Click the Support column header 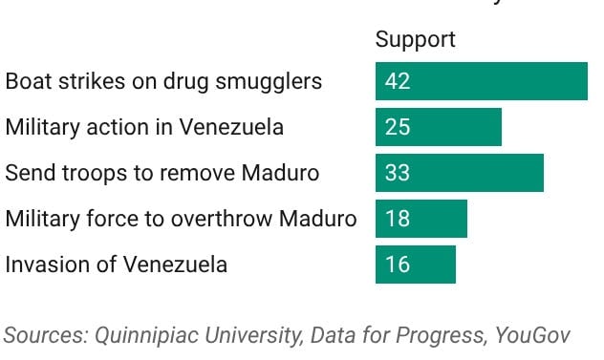(x=415, y=40)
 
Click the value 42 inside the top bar (x=398, y=81)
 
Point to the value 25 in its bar (x=398, y=127)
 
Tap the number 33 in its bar (x=398, y=173)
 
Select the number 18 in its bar (x=398, y=219)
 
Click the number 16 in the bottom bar (x=398, y=265)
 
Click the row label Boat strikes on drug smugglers (x=163, y=81)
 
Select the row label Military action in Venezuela (x=144, y=127)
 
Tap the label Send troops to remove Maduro (x=162, y=173)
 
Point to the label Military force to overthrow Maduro (x=181, y=219)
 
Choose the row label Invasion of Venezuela (x=117, y=265)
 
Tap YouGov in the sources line (x=536, y=335)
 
